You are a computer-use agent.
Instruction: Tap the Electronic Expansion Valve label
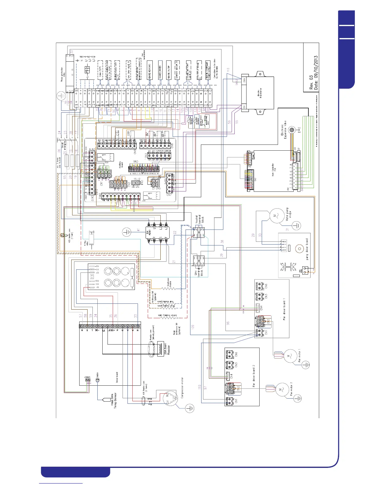tap(284, 131)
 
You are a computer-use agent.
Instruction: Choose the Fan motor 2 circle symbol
tap(281, 390)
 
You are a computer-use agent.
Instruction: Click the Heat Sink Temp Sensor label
tap(114, 400)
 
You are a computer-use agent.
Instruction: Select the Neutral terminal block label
tap(200, 218)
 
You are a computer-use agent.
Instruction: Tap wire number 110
tap(199, 388)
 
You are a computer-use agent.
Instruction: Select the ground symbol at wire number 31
tap(296, 226)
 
